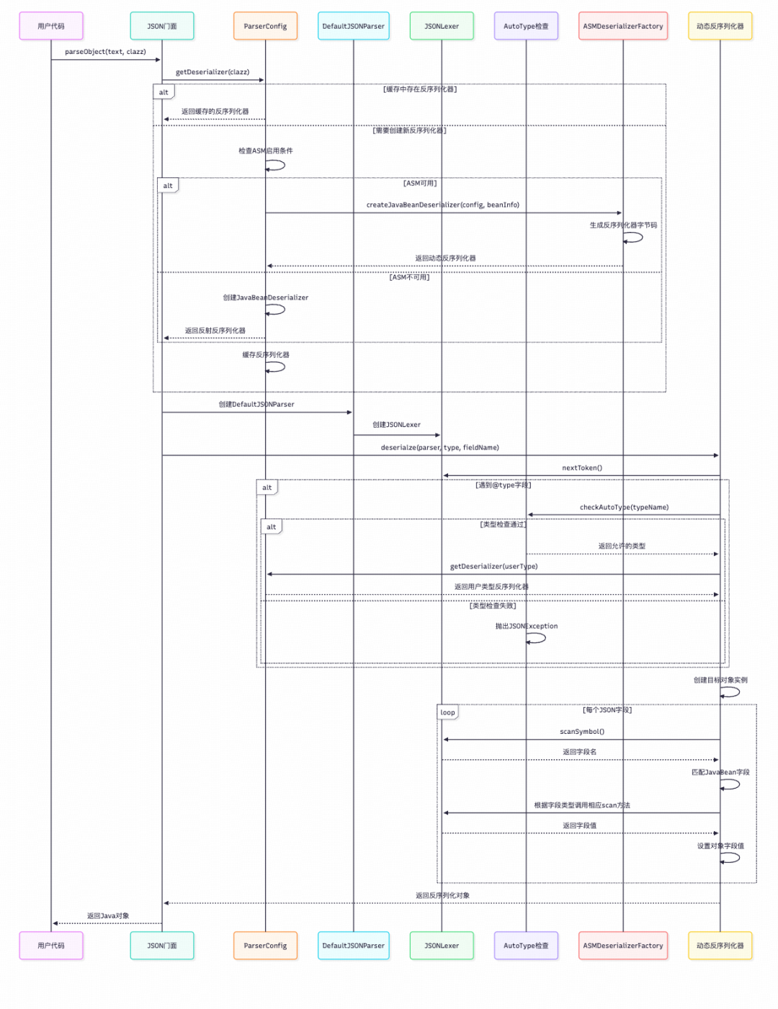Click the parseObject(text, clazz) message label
click(x=105, y=52)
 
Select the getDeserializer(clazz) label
click(x=213, y=72)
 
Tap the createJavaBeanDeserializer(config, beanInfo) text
click(x=442, y=205)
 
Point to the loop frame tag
click(x=447, y=712)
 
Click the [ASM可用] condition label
click(x=420, y=184)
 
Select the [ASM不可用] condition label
click(x=409, y=277)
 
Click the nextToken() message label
click(x=582, y=468)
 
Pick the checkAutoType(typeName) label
click(x=624, y=508)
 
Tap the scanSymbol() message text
click(x=582, y=732)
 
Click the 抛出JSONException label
click(x=526, y=627)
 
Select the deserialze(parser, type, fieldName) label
click(x=439, y=448)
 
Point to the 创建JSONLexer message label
click(x=396, y=425)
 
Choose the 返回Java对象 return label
click(x=108, y=916)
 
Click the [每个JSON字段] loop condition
click(x=607, y=710)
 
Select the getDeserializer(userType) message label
click(x=493, y=567)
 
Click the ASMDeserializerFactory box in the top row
click(x=623, y=26)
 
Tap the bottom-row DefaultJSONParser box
click(x=353, y=946)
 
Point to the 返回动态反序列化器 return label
click(x=445, y=259)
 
